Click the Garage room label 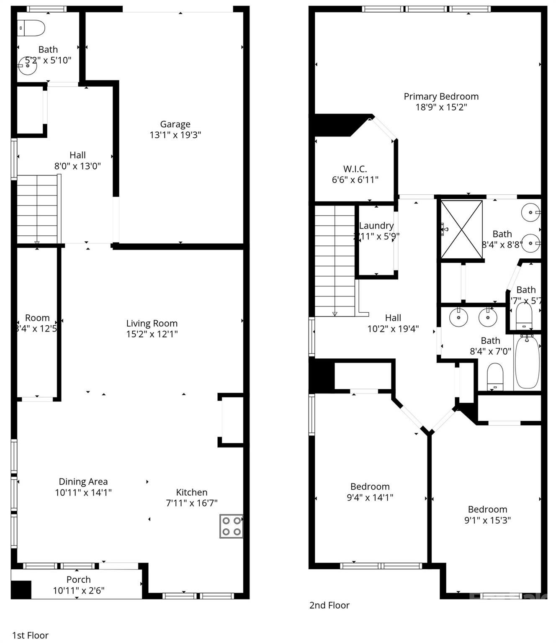[x=175, y=124]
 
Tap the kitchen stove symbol [x=232, y=526]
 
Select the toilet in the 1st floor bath [x=32, y=28]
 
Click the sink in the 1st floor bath [x=28, y=66]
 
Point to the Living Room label [x=152, y=324]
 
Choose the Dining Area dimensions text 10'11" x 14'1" [x=83, y=493]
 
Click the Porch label [x=79, y=580]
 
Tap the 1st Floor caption [x=30, y=635]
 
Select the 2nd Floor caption [x=329, y=605]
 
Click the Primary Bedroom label [x=441, y=97]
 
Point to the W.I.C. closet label [x=355, y=169]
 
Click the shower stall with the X [x=461, y=229]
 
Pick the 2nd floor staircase [x=335, y=260]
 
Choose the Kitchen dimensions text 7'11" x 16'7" [x=192, y=503]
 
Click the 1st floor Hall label [x=77, y=155]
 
